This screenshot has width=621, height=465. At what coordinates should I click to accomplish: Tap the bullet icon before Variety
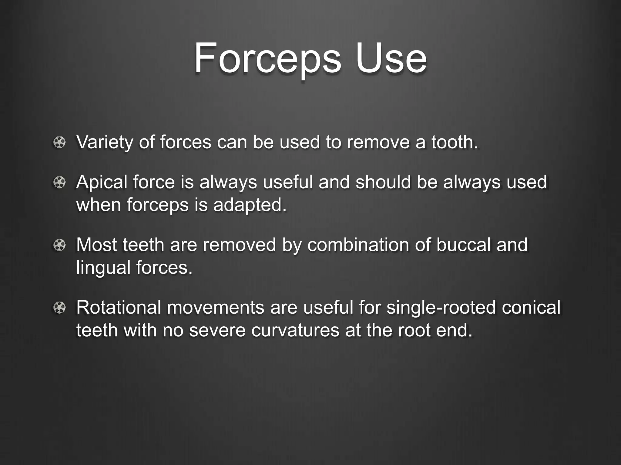pyautogui.click(x=59, y=143)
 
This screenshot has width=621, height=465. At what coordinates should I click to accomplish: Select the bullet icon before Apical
pyautogui.click(x=59, y=183)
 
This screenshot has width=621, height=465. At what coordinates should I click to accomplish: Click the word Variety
pyautogui.click(x=105, y=142)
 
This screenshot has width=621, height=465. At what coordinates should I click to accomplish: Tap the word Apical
pyautogui.click(x=102, y=183)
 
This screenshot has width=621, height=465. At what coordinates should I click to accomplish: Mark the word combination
pyautogui.click(x=358, y=245)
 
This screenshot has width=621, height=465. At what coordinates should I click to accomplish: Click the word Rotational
pyautogui.click(x=119, y=308)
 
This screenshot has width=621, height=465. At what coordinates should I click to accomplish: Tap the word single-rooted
pyautogui.click(x=441, y=308)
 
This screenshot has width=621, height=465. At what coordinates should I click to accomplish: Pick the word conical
pyautogui.click(x=531, y=308)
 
